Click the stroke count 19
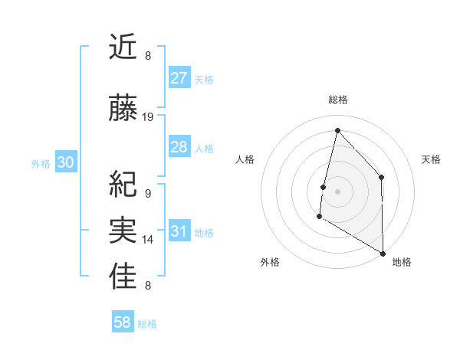pos(148,117)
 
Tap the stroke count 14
pos(148,240)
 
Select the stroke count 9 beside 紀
pos(147,194)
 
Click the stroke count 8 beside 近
pos(147,56)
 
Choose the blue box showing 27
pos(179,78)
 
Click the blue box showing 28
pos(179,147)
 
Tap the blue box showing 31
pos(179,231)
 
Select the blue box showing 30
pos(65,162)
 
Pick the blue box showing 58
pos(123,323)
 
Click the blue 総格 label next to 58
pos(147,324)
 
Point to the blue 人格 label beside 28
pos(204,148)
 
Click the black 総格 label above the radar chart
pos(338,100)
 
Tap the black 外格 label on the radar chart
pos(270,263)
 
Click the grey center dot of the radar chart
pos(337,191)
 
